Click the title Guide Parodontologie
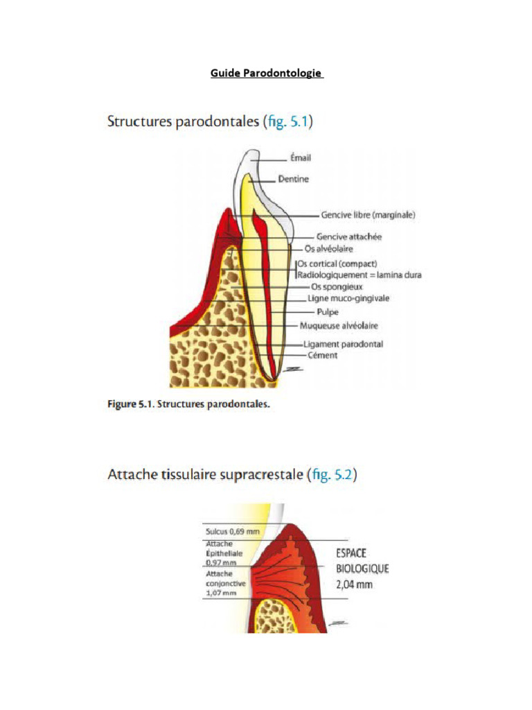tap(267, 73)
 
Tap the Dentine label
tap(293, 179)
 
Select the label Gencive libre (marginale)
tap(368, 215)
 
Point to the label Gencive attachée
tap(349, 237)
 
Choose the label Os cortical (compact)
tap(338, 264)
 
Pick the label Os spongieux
tap(337, 286)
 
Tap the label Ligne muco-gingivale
tap(348, 298)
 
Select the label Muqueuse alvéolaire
tap(339, 324)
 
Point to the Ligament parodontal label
tap(343, 344)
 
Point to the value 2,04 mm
tap(355, 585)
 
